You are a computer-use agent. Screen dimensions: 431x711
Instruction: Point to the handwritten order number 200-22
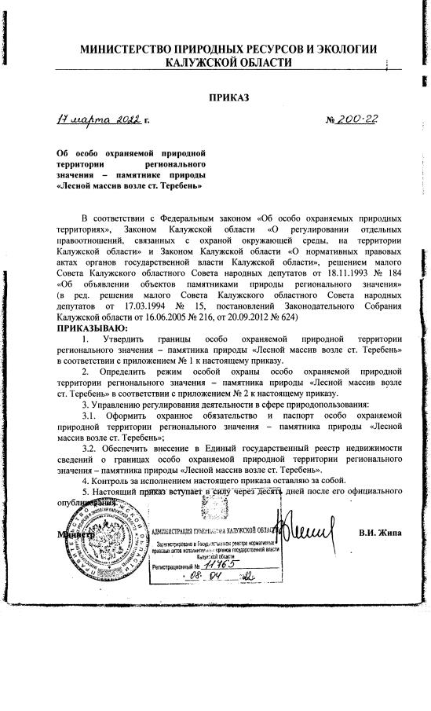click(355, 119)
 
